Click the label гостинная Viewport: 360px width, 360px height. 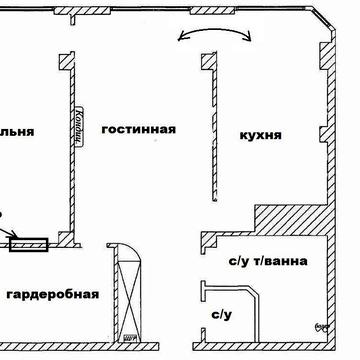click(x=138, y=129)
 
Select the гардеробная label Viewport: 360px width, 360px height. click(x=52, y=294)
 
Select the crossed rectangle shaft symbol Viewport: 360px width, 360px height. click(x=127, y=295)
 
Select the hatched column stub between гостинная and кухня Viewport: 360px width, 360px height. click(x=208, y=63)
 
